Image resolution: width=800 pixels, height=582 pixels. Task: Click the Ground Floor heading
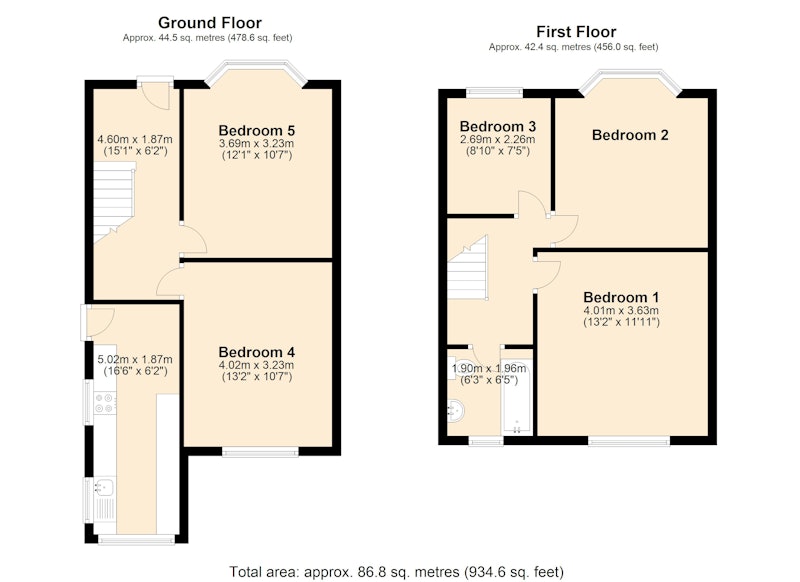click(210, 23)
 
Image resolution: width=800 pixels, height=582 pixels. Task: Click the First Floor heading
click(576, 32)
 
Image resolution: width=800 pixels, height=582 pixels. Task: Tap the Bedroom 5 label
click(257, 131)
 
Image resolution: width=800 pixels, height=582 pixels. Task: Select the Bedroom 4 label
click(257, 352)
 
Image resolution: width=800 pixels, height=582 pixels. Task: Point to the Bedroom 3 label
click(498, 126)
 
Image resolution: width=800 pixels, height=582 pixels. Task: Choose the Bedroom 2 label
click(630, 135)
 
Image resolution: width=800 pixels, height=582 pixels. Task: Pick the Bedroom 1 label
click(621, 297)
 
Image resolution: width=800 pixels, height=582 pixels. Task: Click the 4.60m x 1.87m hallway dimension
click(135, 139)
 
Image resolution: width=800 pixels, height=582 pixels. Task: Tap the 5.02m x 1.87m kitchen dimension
click(135, 360)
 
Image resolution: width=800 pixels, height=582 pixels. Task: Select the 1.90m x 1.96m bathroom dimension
click(489, 368)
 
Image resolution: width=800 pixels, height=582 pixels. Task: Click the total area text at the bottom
click(396, 572)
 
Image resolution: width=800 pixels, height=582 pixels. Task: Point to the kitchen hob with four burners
click(105, 403)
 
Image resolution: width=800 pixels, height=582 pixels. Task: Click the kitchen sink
click(105, 488)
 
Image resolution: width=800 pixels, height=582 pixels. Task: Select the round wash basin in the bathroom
click(456, 411)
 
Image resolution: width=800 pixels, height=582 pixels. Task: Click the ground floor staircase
click(114, 202)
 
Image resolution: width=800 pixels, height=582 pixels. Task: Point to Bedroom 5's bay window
click(256, 70)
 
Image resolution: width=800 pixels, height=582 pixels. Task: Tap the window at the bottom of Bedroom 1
click(629, 440)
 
